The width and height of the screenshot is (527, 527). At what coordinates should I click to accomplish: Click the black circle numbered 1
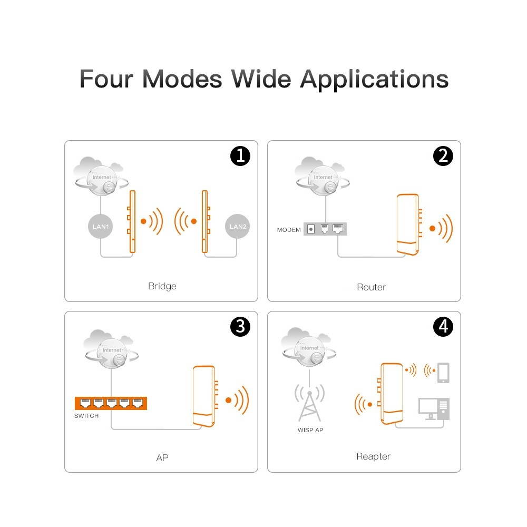pos(240,156)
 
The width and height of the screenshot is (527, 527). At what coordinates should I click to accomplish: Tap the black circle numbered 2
pos(443,156)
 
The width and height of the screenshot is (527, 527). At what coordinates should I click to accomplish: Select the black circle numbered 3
pos(240,327)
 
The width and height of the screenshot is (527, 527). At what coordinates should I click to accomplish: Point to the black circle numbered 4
pos(443,327)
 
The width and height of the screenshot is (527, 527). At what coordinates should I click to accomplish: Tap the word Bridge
pos(162,287)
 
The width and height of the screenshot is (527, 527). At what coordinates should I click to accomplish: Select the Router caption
pos(371,287)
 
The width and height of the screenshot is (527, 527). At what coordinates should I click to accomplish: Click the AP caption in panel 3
pos(162,457)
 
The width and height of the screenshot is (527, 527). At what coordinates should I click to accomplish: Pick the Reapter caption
pos(373,456)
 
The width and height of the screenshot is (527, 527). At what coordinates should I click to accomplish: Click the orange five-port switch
pos(111,403)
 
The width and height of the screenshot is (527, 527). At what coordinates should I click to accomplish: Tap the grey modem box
pos(325,229)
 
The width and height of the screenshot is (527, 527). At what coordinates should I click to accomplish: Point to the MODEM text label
pos(289,230)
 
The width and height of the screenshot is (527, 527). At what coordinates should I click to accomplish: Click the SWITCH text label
pos(86,416)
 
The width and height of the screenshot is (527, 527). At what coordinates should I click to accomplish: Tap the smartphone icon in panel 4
pos(443,373)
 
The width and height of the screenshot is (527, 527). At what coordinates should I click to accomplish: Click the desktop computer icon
pos(433,408)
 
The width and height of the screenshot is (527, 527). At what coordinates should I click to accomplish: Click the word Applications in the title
pos(374,79)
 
